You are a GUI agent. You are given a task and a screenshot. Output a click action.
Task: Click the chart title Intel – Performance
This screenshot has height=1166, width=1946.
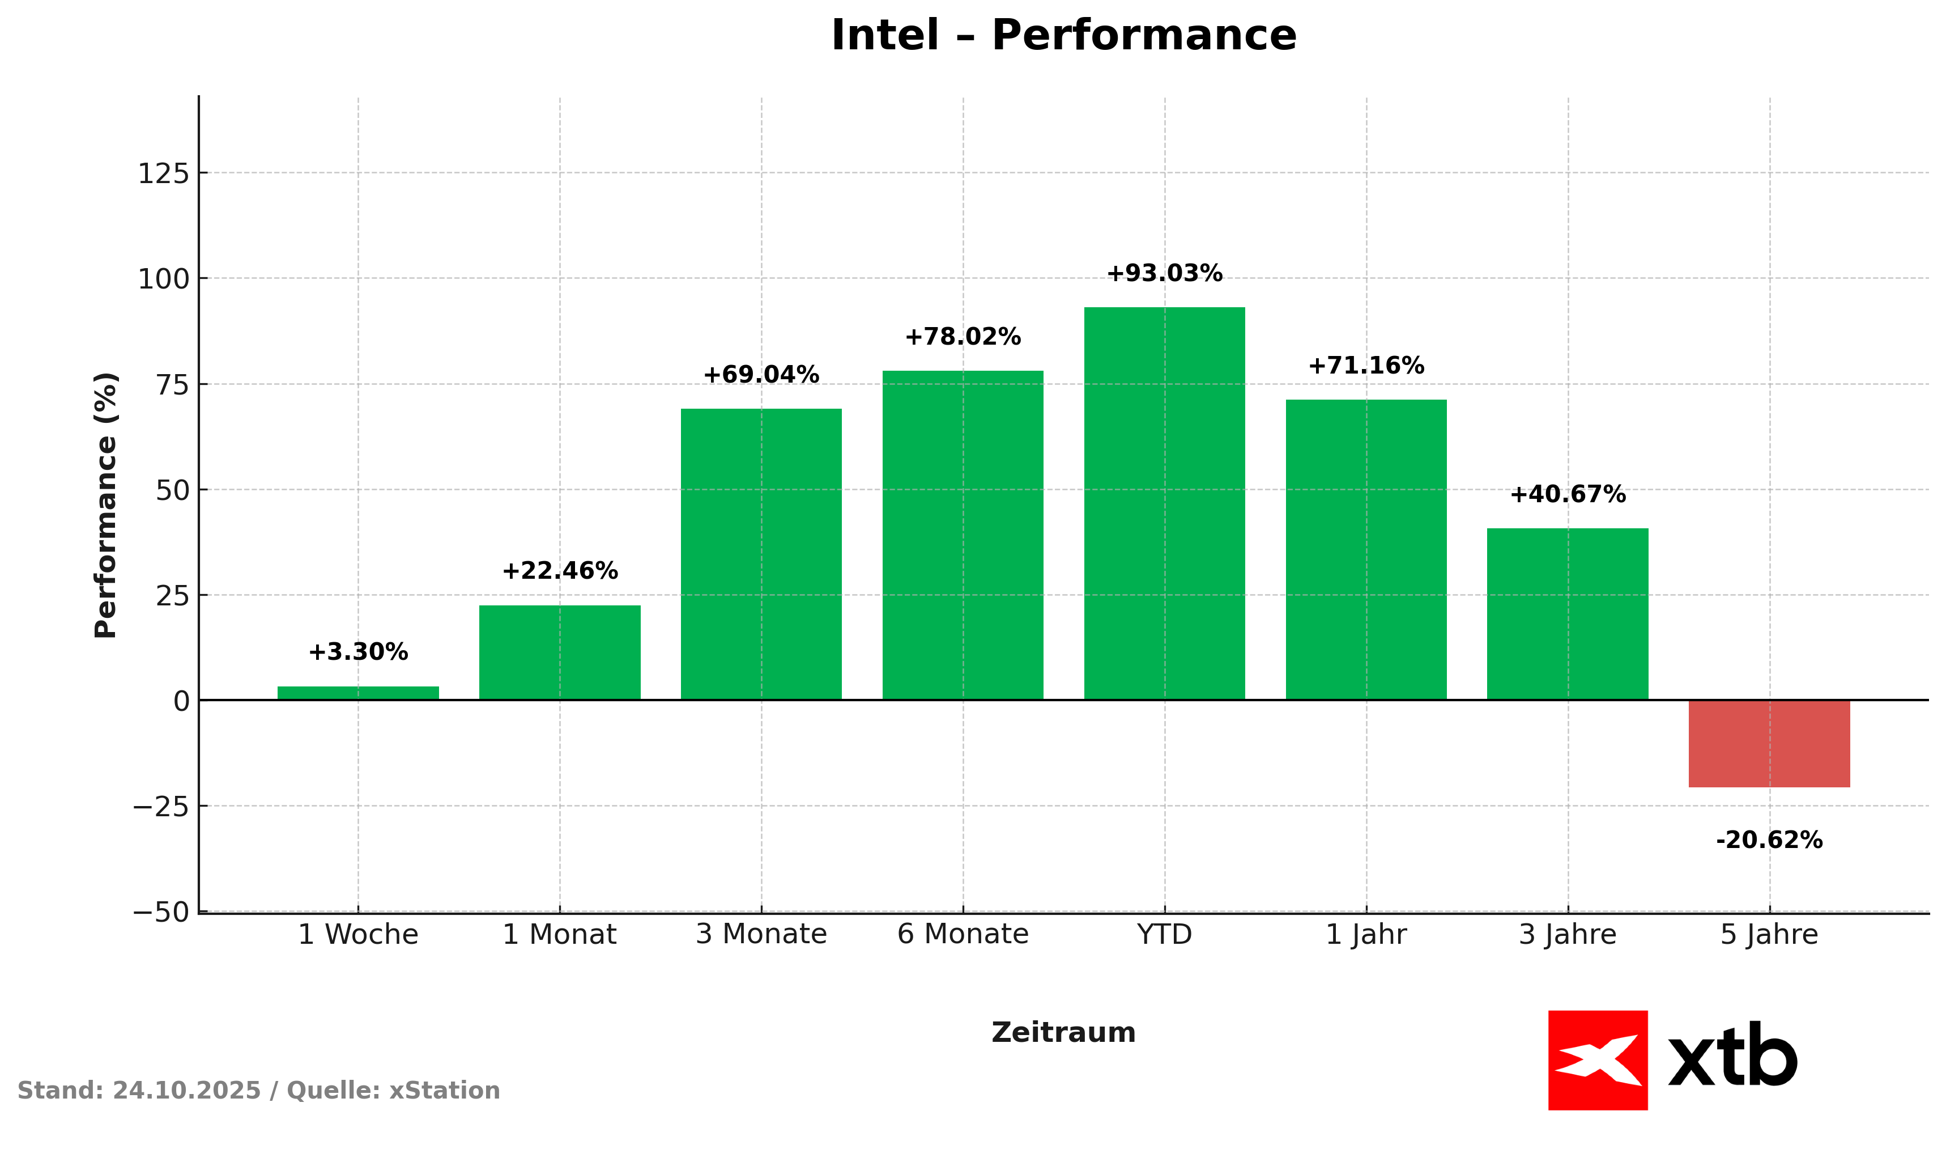pyautogui.click(x=1063, y=36)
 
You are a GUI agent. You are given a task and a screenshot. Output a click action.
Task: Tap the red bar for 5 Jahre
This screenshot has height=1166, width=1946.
pyautogui.click(x=1769, y=743)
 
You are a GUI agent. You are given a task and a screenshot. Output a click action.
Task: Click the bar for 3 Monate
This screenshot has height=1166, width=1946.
pyautogui.click(x=761, y=554)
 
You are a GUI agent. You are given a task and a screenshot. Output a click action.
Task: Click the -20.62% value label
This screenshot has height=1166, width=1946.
pyautogui.click(x=1769, y=841)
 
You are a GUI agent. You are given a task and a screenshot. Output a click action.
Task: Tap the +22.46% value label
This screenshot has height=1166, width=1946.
pyautogui.click(x=559, y=571)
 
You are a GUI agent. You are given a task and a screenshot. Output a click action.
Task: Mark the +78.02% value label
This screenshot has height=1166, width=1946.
pyautogui.click(x=963, y=337)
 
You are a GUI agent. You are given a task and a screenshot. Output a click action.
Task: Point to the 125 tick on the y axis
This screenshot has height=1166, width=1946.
pyautogui.click(x=163, y=173)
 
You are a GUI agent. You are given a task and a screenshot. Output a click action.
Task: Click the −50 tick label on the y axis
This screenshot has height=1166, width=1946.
pyautogui.click(x=161, y=912)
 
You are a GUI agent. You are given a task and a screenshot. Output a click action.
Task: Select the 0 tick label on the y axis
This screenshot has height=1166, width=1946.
pyautogui.click(x=181, y=701)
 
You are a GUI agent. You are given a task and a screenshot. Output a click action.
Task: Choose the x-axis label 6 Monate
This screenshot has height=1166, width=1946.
pyautogui.click(x=963, y=934)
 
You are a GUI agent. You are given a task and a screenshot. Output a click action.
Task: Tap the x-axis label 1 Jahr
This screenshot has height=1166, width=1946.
pyautogui.click(x=1366, y=934)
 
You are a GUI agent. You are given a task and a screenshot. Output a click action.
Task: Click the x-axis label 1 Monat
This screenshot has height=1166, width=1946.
pyautogui.click(x=559, y=934)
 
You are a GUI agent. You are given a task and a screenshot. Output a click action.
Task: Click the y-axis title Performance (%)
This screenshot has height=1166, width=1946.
pyautogui.click(x=105, y=505)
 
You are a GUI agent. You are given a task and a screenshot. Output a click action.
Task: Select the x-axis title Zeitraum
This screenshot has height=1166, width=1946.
pyautogui.click(x=1063, y=1032)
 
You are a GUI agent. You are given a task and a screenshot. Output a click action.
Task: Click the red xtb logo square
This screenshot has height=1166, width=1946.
pyautogui.click(x=1598, y=1060)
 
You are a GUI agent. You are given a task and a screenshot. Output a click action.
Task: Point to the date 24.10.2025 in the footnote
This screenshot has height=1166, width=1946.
pyautogui.click(x=186, y=1091)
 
